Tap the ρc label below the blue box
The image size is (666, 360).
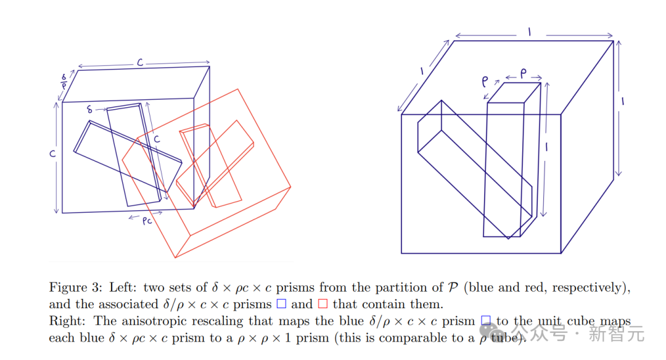(147, 221)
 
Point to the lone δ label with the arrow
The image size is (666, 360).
(91, 110)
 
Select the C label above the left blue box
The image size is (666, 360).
(140, 62)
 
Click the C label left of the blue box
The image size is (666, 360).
(53, 153)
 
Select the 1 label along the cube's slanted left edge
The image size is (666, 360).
(422, 72)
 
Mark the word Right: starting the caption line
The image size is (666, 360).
(65, 321)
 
